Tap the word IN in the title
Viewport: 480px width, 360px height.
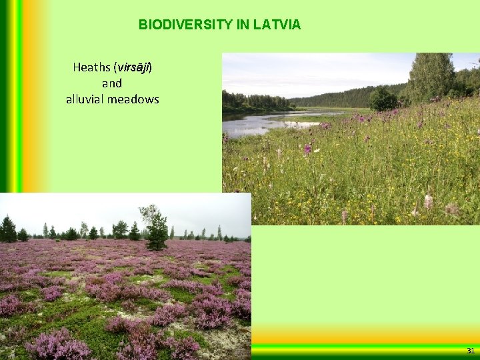(243, 25)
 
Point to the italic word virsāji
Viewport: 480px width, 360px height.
(133, 67)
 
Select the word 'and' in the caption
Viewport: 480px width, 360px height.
(112, 83)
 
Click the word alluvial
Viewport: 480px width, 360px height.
(85, 99)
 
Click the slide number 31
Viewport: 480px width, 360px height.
(471, 351)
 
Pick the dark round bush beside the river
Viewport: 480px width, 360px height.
(383, 100)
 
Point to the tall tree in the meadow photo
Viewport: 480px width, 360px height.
(431, 77)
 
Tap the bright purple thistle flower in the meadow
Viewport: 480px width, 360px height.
(307, 149)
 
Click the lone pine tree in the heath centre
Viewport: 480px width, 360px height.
(157, 230)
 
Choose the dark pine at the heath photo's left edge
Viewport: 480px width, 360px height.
(8, 229)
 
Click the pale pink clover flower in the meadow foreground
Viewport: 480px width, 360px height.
(428, 201)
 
